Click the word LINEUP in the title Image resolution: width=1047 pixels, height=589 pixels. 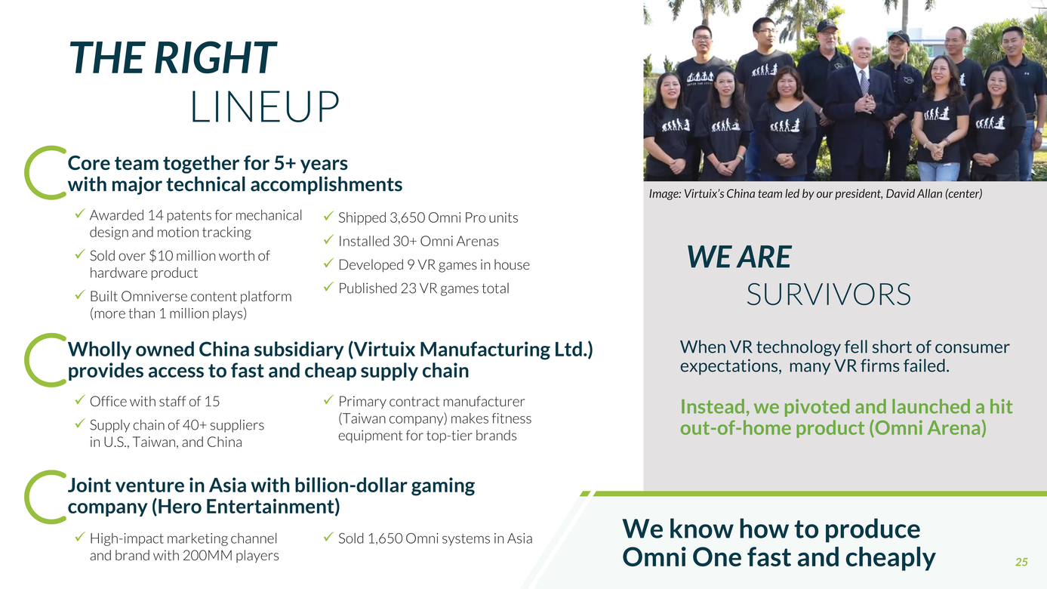(x=264, y=107)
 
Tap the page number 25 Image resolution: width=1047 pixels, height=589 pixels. (x=1021, y=562)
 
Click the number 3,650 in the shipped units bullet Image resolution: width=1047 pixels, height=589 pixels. (x=407, y=217)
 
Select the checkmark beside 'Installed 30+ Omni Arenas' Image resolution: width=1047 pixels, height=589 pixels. (x=328, y=240)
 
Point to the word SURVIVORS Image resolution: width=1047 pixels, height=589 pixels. (x=828, y=294)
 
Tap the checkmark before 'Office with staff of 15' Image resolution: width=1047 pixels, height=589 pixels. (x=80, y=400)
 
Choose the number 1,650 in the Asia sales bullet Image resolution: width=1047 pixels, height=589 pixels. (x=385, y=538)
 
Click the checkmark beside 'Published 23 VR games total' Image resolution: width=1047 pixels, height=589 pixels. (x=328, y=287)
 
